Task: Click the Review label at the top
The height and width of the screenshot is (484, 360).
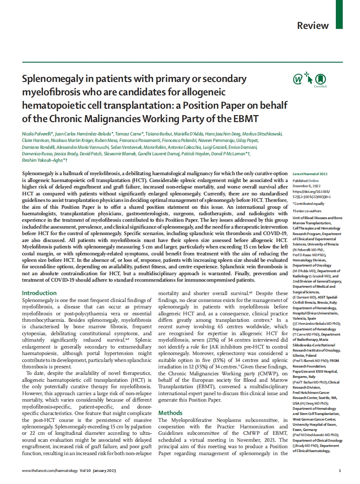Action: click(x=313, y=25)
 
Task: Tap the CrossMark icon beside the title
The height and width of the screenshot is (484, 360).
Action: click(x=320, y=79)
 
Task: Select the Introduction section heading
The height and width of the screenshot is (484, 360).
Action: click(x=39, y=293)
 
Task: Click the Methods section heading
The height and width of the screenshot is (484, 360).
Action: click(x=170, y=413)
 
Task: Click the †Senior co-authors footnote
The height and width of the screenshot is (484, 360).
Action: click(x=307, y=211)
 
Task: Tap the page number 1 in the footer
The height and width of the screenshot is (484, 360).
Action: click(x=340, y=471)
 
